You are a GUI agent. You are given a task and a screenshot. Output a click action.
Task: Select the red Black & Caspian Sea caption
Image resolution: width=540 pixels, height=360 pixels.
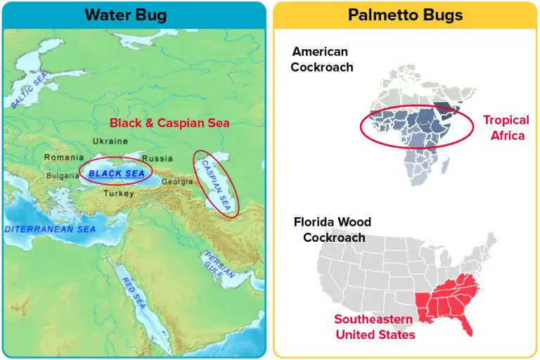pos(169,123)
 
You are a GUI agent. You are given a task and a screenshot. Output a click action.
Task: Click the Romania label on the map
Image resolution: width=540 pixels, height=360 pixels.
pos(64,157)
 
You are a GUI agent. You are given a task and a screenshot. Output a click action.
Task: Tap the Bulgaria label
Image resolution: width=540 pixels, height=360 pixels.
pos(63,176)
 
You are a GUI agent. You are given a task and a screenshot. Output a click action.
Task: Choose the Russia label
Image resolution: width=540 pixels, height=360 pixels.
pos(157,158)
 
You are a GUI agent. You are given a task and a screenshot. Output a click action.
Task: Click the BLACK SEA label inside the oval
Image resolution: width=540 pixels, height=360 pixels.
pos(117,173)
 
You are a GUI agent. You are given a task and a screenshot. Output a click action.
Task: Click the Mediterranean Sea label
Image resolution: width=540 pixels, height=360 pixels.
pos(49,229)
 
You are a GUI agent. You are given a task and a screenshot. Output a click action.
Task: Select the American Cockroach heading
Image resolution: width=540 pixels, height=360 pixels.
pos(322,59)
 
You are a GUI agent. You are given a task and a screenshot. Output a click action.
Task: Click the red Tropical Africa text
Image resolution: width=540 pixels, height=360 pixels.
pos(503,128)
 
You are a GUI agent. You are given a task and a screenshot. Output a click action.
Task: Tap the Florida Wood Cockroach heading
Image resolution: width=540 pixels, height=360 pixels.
pos(333,230)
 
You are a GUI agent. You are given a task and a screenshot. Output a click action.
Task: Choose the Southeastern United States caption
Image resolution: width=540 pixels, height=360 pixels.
pos(374,327)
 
